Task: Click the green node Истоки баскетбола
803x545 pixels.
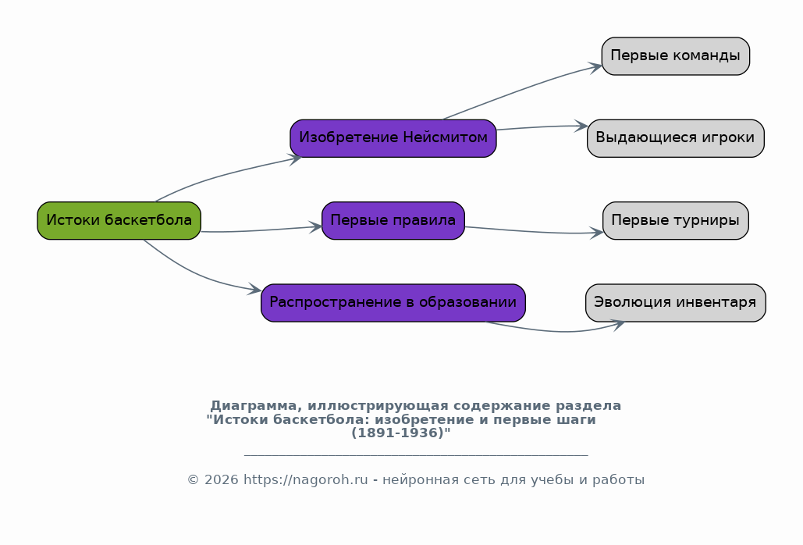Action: (x=119, y=220)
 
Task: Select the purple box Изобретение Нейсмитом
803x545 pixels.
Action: (x=393, y=138)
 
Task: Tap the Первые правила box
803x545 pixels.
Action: (x=393, y=220)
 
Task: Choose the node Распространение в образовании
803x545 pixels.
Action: (x=393, y=303)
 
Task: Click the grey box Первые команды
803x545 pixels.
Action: (x=675, y=56)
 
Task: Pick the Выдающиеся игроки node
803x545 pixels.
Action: (x=675, y=138)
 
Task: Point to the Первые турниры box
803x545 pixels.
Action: (x=675, y=220)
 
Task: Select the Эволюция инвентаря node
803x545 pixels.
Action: (x=675, y=303)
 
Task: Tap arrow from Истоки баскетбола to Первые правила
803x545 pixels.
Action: (x=258, y=230)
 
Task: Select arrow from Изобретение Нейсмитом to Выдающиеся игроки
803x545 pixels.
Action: (x=538, y=126)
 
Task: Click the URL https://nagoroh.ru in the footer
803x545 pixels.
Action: (x=305, y=480)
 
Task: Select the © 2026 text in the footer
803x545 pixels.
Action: (x=213, y=480)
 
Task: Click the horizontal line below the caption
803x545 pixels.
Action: (x=415, y=454)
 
